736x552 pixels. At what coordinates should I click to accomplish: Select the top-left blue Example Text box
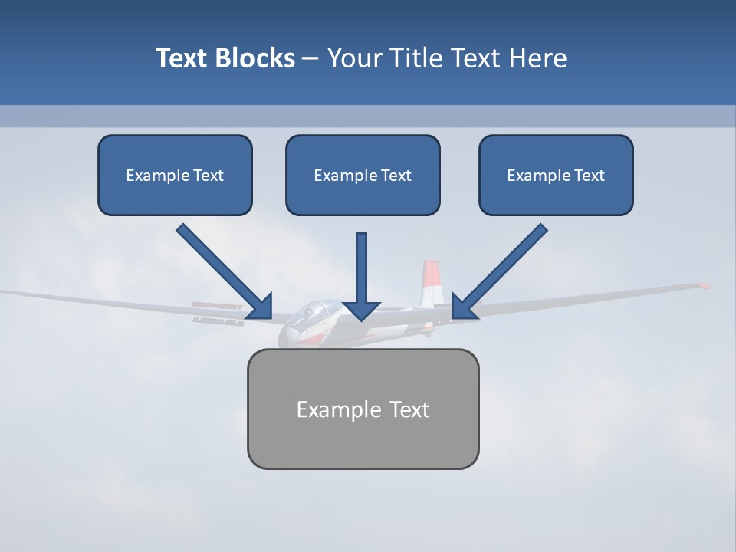pos(175,175)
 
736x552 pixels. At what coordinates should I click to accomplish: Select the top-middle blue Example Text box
pos(363,175)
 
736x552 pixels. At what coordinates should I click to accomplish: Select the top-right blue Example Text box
pos(556,175)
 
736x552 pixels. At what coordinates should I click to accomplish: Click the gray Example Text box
pos(363,409)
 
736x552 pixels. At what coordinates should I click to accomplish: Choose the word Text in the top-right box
pos(589,176)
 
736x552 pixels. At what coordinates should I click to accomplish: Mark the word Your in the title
pos(354,58)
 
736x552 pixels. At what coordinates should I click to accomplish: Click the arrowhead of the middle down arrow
pos(361,310)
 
